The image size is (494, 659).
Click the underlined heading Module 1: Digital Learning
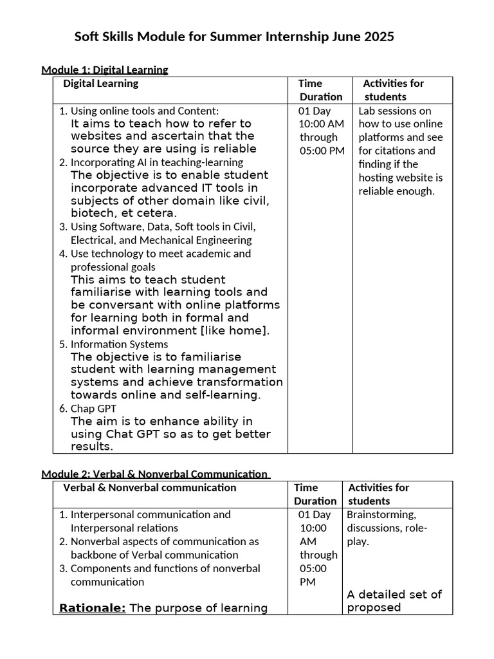pyautogui.click(x=105, y=70)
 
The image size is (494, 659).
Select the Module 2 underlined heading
pyautogui.click(x=155, y=474)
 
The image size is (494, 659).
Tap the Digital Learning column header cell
pyautogui.click(x=100, y=83)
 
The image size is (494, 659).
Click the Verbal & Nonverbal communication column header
pyautogui.click(x=149, y=487)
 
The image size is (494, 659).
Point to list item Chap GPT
pyautogui.click(x=93, y=408)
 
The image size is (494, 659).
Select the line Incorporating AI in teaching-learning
pyautogui.click(x=156, y=162)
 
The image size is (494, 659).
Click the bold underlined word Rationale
pyautogui.click(x=92, y=608)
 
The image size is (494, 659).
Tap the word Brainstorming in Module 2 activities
pyautogui.click(x=381, y=514)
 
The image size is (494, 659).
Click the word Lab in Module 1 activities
pyautogui.click(x=368, y=111)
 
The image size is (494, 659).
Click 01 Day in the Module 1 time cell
pyautogui.click(x=315, y=111)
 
